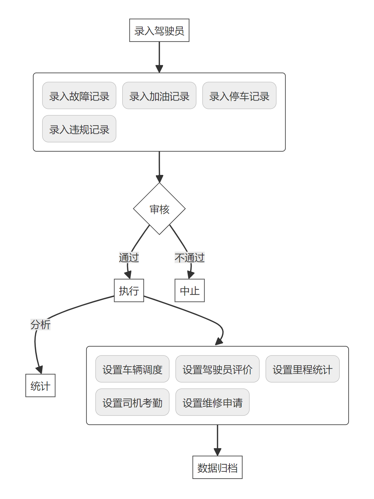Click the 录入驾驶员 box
[159, 30]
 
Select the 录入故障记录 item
[79, 96]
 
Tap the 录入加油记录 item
[159, 96]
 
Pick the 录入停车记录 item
[239, 96]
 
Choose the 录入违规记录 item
[79, 129]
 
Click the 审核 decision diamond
[159, 209]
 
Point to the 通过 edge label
[129, 258]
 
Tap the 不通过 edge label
[190, 258]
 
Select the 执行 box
[129, 290]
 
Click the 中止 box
[190, 290]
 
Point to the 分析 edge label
[40, 324]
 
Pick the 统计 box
[40, 386]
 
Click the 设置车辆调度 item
[132, 369]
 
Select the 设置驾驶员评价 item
[217, 369]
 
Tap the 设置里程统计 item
[302, 369]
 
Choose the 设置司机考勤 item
[132, 402]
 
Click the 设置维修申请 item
[212, 402]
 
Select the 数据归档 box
[217, 467]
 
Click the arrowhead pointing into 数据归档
[217, 452]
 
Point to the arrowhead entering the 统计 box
[39, 370]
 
